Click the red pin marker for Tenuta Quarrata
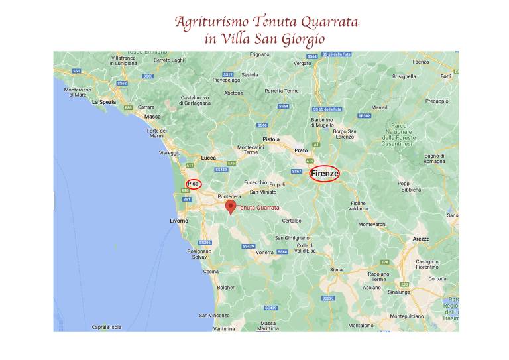point(231,207)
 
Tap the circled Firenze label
point(325,174)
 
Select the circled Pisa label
point(194,184)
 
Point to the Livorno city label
point(179,221)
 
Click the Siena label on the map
point(337,270)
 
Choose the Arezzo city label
point(420,239)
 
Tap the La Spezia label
point(103,103)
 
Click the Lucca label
point(209,158)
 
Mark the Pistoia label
point(271,139)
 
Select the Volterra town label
point(264,252)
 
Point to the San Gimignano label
point(292,238)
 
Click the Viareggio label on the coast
point(169,153)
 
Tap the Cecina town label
point(211,272)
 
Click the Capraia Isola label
point(107,327)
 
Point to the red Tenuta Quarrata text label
point(258,208)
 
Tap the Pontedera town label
point(229,197)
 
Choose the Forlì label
point(445,76)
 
